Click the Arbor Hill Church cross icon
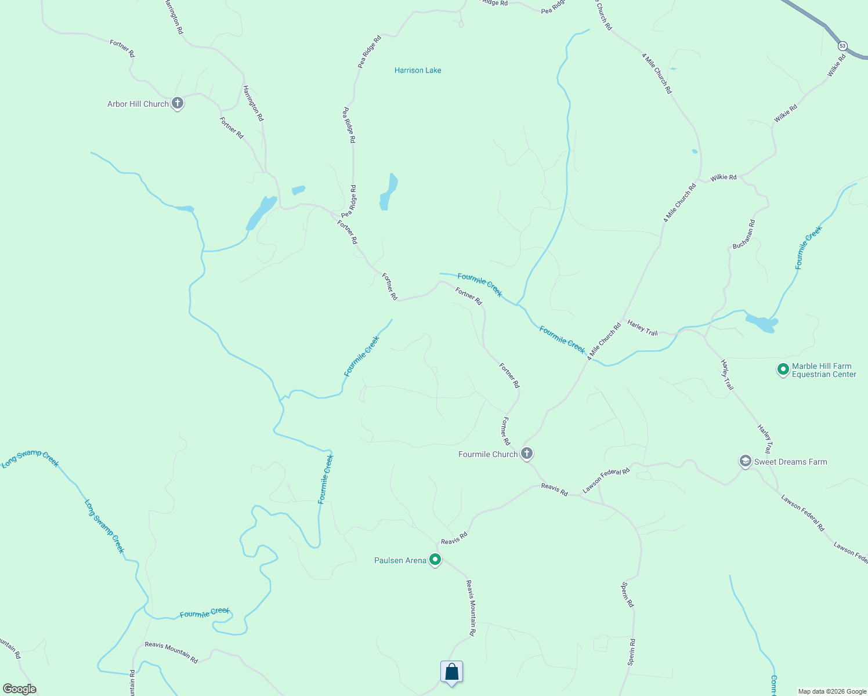point(178,104)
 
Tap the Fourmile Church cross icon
point(527,454)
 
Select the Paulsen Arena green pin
point(435,560)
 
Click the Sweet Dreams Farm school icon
point(745,462)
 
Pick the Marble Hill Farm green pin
point(783,369)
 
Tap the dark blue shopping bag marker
point(451,672)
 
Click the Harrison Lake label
point(418,70)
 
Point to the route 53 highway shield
point(842,46)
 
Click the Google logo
point(19,689)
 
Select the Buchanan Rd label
point(744,234)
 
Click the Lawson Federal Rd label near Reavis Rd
point(606,481)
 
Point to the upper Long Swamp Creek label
point(30,458)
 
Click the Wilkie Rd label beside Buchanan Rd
point(723,177)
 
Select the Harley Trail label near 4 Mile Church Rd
point(642,328)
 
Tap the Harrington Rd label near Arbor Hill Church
point(253,103)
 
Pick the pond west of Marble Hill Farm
point(761,323)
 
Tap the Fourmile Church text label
point(487,454)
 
